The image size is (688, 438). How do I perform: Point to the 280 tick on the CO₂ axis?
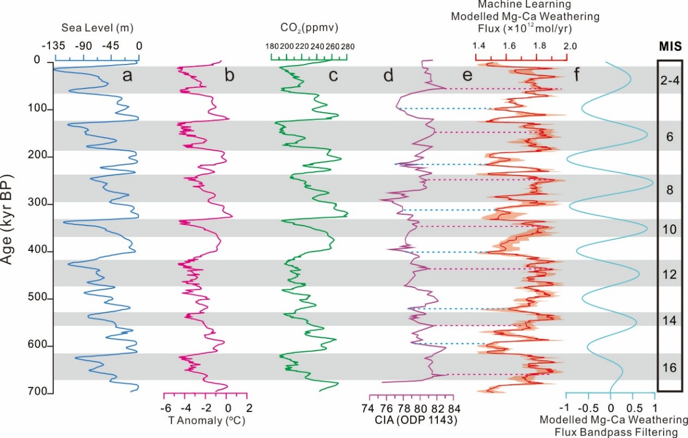347,46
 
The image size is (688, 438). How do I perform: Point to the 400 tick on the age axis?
38,252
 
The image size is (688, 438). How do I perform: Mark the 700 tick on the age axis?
38,393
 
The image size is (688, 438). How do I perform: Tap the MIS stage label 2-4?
669,80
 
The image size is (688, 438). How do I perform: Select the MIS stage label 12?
669,275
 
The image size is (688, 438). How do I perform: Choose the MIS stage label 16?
669,368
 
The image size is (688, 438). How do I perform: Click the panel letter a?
128,75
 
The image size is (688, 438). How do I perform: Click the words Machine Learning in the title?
514,5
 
